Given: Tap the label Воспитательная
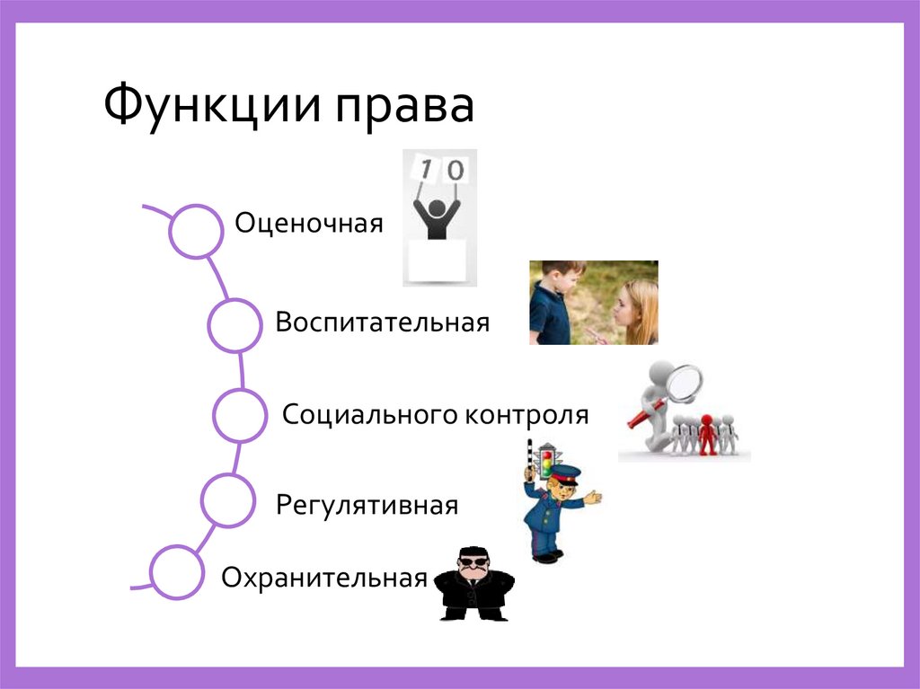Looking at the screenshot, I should click(383, 322).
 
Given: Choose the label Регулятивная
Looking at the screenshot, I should click(367, 505).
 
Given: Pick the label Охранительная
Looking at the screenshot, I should click(323, 578).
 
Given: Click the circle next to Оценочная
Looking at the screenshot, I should click(196, 232).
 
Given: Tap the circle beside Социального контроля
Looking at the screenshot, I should click(241, 414).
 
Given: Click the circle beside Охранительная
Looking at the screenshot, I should click(177, 572).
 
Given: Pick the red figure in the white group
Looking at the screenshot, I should click(708, 434).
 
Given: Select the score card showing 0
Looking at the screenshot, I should click(456, 171).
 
